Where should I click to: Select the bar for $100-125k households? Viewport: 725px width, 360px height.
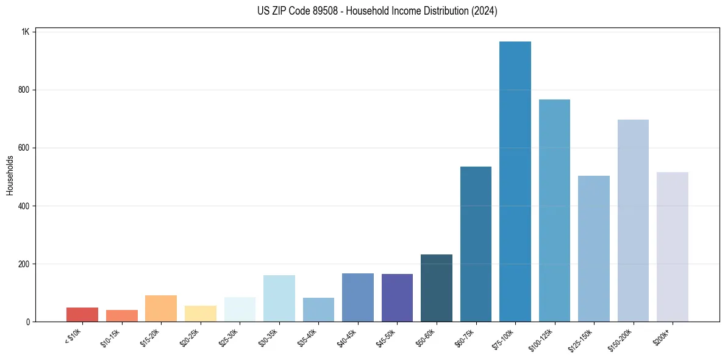tap(554, 211)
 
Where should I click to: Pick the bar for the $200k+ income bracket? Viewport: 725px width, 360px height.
tap(673, 247)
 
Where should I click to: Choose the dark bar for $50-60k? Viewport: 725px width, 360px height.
tap(437, 288)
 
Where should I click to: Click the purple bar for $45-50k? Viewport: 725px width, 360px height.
tap(397, 298)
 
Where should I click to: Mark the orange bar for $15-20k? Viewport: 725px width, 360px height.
tap(161, 309)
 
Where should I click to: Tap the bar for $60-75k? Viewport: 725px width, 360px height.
tap(476, 244)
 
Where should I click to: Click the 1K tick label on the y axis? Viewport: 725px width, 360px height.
tap(26, 32)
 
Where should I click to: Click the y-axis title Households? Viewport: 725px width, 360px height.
tap(10, 175)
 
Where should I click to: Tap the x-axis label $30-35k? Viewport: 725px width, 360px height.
tap(269, 337)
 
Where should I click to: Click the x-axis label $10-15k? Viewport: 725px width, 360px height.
tap(111, 337)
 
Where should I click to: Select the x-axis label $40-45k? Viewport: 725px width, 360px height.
tap(348, 337)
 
